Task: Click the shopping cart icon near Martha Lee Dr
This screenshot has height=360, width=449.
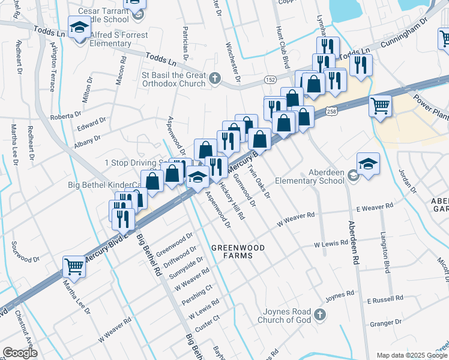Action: pyautogui.click(x=74, y=266)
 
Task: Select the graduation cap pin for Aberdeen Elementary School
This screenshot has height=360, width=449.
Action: pyautogui.click(x=368, y=163)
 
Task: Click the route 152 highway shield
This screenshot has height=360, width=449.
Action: pyautogui.click(x=271, y=80)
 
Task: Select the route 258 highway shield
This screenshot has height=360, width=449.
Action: pyautogui.click(x=331, y=111)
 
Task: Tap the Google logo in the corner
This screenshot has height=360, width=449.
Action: pyautogui.click(x=20, y=353)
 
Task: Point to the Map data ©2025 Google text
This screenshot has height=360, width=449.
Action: pyautogui.click(x=411, y=355)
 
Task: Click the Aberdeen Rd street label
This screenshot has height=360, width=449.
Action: pyautogui.click(x=352, y=242)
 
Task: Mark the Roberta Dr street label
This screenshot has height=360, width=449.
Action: pyautogui.click(x=65, y=115)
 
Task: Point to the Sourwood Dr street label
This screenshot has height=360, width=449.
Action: pyautogui.click(x=25, y=260)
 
